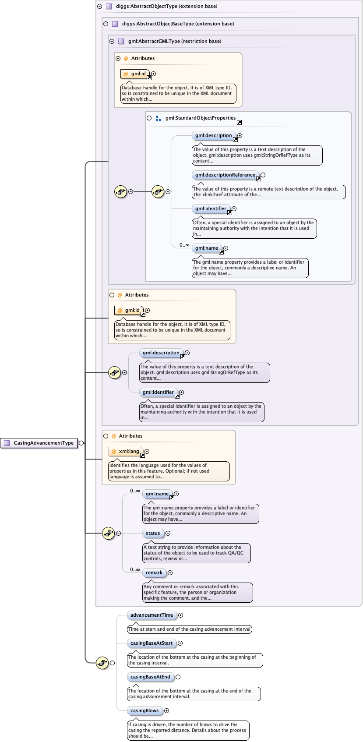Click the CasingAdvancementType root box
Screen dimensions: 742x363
pyautogui.click(x=39, y=443)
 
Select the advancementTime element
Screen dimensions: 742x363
pyautogui.click(x=152, y=615)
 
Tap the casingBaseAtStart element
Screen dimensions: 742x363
pyautogui.click(x=151, y=643)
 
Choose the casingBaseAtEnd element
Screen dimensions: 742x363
pyautogui.click(x=150, y=677)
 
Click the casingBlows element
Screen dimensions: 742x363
pyautogui.click(x=144, y=710)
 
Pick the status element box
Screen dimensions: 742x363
pyautogui.click(x=153, y=533)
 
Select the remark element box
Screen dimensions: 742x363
pyautogui.click(x=154, y=572)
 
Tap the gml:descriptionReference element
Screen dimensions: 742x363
pyautogui.click(x=225, y=175)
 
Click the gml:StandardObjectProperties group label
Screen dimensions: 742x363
pyautogui.click(x=200, y=118)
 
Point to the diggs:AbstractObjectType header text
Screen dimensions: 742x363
pyautogui.click(x=166, y=6)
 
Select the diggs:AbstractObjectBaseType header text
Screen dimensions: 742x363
pyautogui.click(x=178, y=24)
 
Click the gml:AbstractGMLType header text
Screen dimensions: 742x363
pyautogui.click(x=174, y=41)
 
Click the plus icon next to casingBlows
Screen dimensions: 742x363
pyautogui.click(x=166, y=710)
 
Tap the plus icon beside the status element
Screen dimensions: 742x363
pyautogui.click(x=168, y=533)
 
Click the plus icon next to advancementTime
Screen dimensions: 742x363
pyautogui.click(x=180, y=615)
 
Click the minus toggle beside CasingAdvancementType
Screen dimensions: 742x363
pyautogui.click(x=81, y=443)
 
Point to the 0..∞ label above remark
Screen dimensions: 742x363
pyautogui.click(x=135, y=569)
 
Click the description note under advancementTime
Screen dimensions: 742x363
pyautogui.click(x=189, y=629)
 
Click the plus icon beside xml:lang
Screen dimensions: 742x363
pyautogui.click(x=147, y=451)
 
